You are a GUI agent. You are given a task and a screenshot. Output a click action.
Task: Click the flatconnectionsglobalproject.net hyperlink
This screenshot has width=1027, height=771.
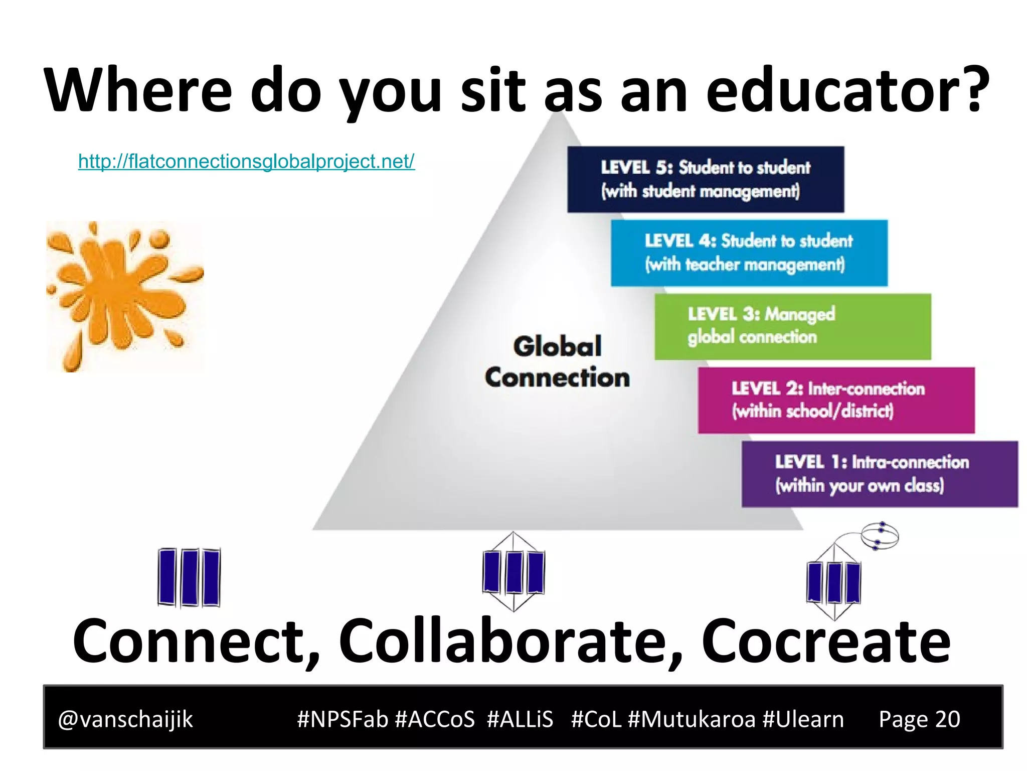pos(246,161)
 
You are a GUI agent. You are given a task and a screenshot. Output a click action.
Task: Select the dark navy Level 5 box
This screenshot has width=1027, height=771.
pos(705,179)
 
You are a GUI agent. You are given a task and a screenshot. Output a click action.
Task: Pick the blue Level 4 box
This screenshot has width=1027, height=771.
pos(749,252)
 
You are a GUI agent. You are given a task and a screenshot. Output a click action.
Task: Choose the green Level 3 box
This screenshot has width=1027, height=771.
pos(792,326)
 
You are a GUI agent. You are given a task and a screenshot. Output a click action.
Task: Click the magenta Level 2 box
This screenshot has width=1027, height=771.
pos(836,400)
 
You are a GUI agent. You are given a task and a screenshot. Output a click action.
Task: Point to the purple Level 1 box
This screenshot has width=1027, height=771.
pos(880,474)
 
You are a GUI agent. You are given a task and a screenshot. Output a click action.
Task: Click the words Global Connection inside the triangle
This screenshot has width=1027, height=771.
pos(557,362)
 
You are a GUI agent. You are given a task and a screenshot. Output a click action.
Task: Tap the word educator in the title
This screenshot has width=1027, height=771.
pos(847,90)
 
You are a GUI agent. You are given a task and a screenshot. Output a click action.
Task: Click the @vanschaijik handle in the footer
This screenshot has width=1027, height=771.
pos(125,719)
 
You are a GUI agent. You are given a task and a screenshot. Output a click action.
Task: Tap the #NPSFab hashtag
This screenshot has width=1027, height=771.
pos(343,719)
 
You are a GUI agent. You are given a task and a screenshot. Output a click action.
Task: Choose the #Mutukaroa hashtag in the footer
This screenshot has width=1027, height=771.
pos(692,719)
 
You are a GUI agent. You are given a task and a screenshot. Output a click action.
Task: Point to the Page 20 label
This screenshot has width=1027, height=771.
pos(919,719)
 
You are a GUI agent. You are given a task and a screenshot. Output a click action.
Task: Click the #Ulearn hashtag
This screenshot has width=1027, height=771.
pos(803,719)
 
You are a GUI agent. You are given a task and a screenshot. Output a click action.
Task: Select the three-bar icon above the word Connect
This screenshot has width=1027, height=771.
pos(189,577)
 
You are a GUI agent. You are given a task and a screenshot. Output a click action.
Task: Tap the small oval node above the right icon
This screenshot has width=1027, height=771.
pos(880,536)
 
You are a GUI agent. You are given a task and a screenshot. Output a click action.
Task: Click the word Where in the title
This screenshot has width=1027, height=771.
pos(138,90)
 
